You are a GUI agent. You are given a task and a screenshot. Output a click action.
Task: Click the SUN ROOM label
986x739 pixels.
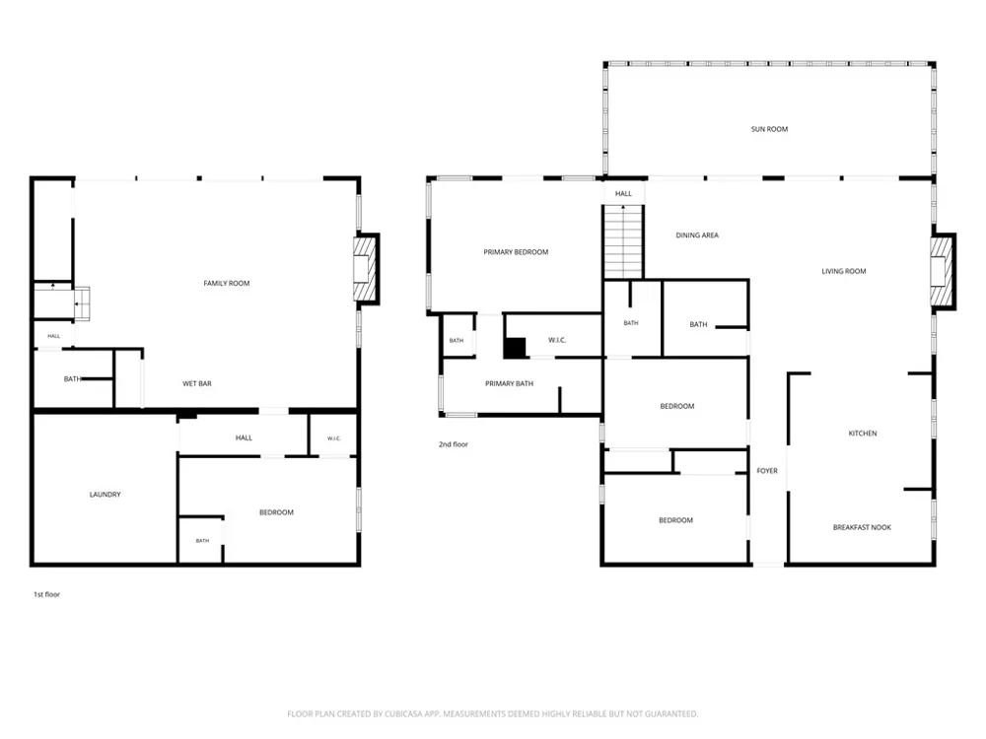point(769,129)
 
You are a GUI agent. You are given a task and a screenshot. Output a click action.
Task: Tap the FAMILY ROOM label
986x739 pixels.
point(227,284)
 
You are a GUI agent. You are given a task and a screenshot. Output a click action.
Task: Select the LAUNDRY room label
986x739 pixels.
point(106,495)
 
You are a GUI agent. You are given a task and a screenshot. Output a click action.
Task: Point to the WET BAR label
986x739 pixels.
point(197,383)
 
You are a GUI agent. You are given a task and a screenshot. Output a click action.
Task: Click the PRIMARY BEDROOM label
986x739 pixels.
point(516,252)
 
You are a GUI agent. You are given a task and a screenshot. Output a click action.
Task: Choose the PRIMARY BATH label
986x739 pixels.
point(510,383)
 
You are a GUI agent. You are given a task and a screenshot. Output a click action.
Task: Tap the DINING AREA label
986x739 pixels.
point(697,235)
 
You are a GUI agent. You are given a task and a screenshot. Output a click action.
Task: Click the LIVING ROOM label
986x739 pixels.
point(844,272)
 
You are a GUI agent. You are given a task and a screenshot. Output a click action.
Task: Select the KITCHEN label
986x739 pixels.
point(863,434)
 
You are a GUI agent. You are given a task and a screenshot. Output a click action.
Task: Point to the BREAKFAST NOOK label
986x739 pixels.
point(862,527)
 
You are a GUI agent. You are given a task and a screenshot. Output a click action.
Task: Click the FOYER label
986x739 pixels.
point(767,471)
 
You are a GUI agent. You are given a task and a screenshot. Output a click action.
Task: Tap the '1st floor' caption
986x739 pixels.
point(46,594)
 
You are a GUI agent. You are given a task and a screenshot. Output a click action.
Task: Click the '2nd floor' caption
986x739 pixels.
point(454,444)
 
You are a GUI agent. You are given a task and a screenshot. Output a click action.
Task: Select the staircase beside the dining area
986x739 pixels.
point(623,241)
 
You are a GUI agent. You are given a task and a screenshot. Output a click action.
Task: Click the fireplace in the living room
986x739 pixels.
point(943,272)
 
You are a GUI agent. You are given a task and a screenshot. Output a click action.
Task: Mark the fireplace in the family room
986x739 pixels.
point(366,269)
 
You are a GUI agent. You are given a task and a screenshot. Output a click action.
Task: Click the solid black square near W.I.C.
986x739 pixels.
point(516,348)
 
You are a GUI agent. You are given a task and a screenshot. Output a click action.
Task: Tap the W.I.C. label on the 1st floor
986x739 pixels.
point(334,438)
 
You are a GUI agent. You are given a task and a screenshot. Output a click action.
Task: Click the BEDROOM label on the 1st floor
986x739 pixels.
point(277,512)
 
